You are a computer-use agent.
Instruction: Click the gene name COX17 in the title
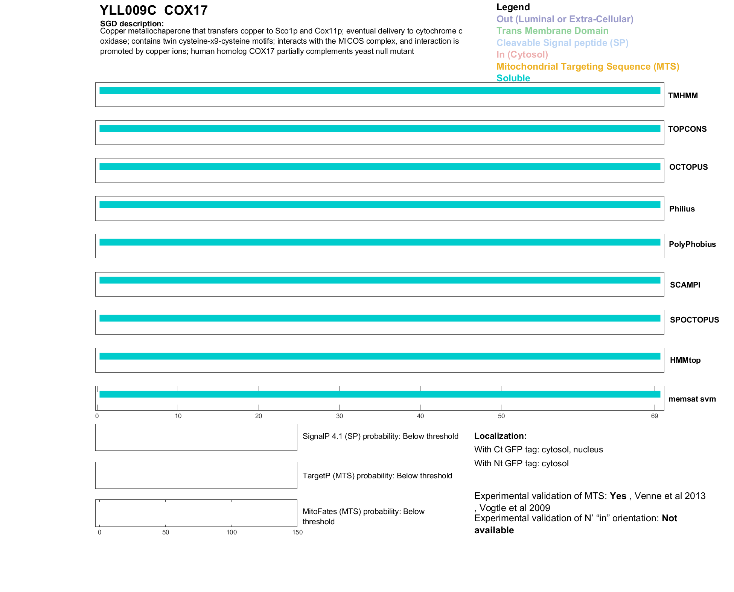tap(186, 10)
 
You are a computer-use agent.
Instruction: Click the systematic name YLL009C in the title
tap(128, 10)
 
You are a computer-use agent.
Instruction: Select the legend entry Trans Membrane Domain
tap(552, 31)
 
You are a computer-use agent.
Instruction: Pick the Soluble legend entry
tap(513, 78)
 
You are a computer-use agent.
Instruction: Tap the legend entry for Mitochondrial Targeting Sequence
tap(588, 67)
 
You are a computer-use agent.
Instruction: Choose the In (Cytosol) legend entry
tap(522, 55)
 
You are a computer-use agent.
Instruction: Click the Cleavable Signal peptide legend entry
tap(562, 43)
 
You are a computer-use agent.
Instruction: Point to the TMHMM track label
tap(683, 96)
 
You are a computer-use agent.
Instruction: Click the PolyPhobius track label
tap(692, 244)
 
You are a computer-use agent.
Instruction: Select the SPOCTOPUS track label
tap(694, 320)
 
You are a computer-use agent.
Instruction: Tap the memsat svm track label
tap(692, 399)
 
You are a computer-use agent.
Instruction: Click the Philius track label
tap(682, 209)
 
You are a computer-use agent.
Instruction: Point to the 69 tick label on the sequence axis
tap(655, 416)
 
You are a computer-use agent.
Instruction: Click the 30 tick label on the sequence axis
tap(340, 416)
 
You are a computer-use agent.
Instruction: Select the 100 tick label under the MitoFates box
tap(231, 532)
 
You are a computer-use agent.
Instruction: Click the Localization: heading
tap(500, 436)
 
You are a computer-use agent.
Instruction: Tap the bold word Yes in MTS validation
tap(618, 496)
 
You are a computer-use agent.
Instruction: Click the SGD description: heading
tap(132, 24)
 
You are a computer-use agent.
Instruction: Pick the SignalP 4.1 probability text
tap(380, 436)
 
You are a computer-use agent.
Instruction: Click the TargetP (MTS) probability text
tap(377, 476)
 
